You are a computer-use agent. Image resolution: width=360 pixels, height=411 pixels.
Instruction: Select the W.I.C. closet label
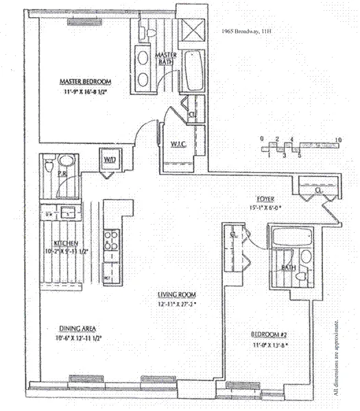click(176, 144)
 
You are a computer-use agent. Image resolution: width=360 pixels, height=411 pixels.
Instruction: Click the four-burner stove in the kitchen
click(110, 240)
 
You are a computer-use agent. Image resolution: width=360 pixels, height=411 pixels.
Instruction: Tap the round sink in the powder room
click(67, 162)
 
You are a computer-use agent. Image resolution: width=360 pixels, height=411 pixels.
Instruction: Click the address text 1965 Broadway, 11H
click(252, 32)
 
